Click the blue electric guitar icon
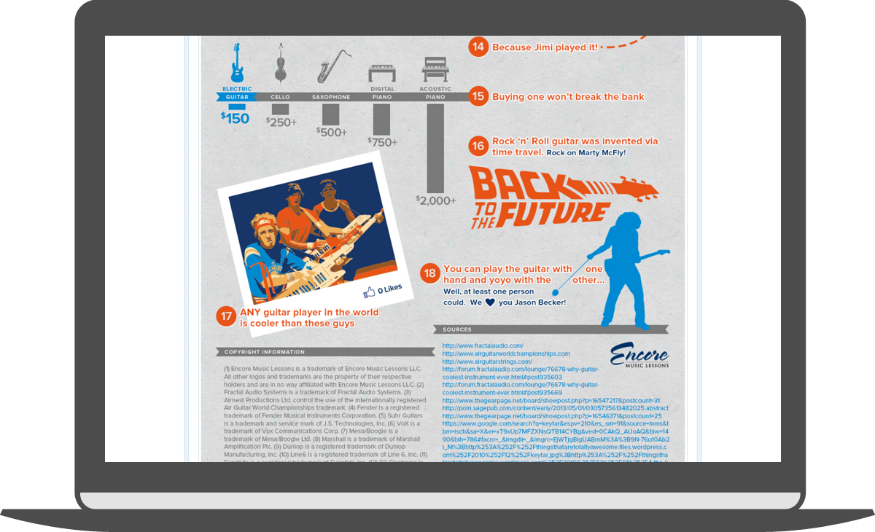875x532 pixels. [237, 63]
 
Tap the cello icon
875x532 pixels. [280, 63]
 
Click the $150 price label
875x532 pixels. [236, 117]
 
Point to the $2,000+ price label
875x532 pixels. [435, 200]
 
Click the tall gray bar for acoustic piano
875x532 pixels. [435, 146]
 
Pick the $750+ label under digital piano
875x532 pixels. [382, 142]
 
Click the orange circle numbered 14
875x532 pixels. [478, 47]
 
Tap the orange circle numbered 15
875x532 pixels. [478, 96]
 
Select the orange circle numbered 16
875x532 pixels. [478, 146]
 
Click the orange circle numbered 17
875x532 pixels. [226, 316]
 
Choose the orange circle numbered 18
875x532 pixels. [430, 274]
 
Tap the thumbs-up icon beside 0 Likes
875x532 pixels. [369, 292]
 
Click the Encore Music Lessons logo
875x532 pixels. [639, 355]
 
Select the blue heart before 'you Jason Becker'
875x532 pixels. [490, 302]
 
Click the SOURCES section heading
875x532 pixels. [457, 329]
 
